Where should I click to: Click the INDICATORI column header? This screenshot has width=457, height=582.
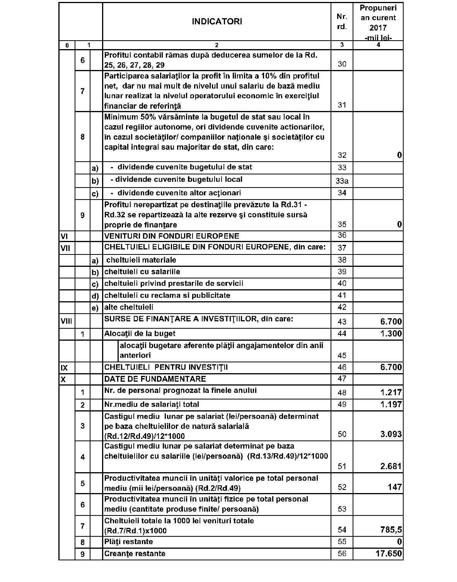(x=217, y=22)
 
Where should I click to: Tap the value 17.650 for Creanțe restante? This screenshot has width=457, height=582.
(x=389, y=554)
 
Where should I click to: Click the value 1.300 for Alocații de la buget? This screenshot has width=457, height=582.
(x=391, y=333)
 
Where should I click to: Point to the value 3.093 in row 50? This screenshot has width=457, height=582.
(x=391, y=434)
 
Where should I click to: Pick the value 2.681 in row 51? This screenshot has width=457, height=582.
(x=391, y=466)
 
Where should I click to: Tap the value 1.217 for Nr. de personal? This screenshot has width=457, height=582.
(x=391, y=393)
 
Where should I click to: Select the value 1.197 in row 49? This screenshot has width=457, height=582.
(x=391, y=404)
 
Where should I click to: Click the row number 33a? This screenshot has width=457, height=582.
(x=342, y=181)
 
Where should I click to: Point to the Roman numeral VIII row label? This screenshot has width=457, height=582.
(x=67, y=321)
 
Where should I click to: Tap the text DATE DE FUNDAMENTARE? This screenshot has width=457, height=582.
(x=155, y=379)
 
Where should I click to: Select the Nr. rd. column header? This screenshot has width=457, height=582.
(x=342, y=22)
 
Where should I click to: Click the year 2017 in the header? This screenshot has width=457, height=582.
(x=378, y=28)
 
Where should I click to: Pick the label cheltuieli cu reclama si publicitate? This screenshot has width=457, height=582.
(x=167, y=295)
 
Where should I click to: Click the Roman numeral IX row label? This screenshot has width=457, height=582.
(x=64, y=367)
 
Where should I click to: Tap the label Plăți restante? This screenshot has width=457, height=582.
(x=128, y=542)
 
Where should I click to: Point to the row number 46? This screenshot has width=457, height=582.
(x=342, y=367)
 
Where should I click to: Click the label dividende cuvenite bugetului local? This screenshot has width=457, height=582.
(x=179, y=179)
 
